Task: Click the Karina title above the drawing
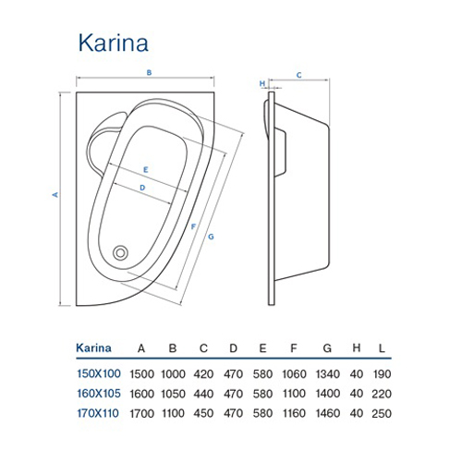(114, 43)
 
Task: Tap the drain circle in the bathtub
(120, 253)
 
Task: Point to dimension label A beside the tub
(55, 194)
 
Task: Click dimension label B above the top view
(149, 73)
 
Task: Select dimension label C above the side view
(298, 75)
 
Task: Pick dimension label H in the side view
(262, 83)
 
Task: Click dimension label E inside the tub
(146, 169)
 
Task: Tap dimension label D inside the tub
(142, 188)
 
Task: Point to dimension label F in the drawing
(193, 226)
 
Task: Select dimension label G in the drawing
(211, 237)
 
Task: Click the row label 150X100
(99, 373)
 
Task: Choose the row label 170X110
(98, 413)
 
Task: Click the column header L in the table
(382, 348)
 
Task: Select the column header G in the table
(327, 348)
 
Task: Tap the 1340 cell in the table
(328, 374)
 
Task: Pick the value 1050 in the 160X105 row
(173, 394)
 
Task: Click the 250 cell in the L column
(382, 413)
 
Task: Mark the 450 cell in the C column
(203, 413)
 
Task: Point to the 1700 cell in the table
(141, 413)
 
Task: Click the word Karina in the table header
(93, 348)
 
